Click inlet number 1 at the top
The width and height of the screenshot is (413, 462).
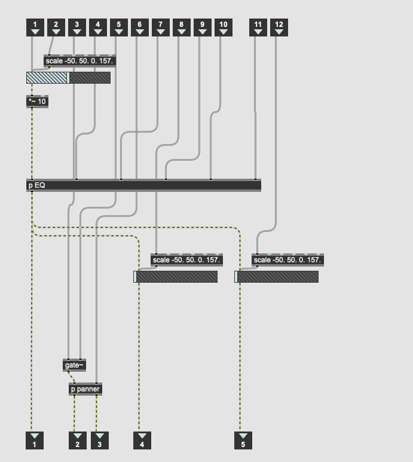(x=35, y=27)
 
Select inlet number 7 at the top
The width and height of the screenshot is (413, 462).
(x=161, y=27)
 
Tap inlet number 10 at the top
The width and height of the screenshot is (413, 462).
(x=224, y=27)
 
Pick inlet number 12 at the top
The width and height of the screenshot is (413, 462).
(x=279, y=27)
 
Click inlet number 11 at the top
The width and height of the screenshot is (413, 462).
(x=258, y=27)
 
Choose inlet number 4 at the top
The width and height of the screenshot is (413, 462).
(x=98, y=27)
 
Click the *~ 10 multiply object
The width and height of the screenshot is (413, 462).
(x=37, y=102)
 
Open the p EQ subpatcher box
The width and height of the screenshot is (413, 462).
(x=143, y=185)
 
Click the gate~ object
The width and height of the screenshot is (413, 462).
(x=74, y=365)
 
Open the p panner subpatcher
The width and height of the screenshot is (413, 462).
(x=85, y=389)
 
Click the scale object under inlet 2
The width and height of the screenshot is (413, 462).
(x=79, y=61)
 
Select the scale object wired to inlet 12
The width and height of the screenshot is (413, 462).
(x=287, y=260)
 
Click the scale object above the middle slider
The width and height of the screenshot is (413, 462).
(x=186, y=260)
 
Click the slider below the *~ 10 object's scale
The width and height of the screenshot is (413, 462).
(x=68, y=78)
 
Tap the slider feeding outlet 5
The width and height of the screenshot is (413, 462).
(x=276, y=277)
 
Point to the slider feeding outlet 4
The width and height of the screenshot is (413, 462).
(x=175, y=277)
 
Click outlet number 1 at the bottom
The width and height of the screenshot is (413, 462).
(x=35, y=440)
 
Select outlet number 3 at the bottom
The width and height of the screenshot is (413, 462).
(x=100, y=440)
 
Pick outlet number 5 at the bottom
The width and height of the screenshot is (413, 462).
(x=243, y=440)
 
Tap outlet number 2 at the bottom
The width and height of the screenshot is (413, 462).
(x=78, y=440)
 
